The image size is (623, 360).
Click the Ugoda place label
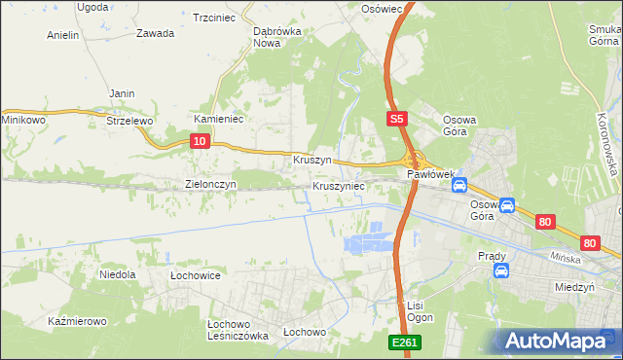(92, 6)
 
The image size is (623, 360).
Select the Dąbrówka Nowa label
(275, 36)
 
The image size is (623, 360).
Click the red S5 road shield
(395, 119)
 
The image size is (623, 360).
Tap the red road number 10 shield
(199, 141)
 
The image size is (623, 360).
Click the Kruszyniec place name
(339, 185)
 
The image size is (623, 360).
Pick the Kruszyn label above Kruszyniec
(312, 159)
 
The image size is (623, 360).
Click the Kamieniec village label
(218, 118)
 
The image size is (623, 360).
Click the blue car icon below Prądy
(500, 270)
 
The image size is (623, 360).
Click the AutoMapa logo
(557, 341)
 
